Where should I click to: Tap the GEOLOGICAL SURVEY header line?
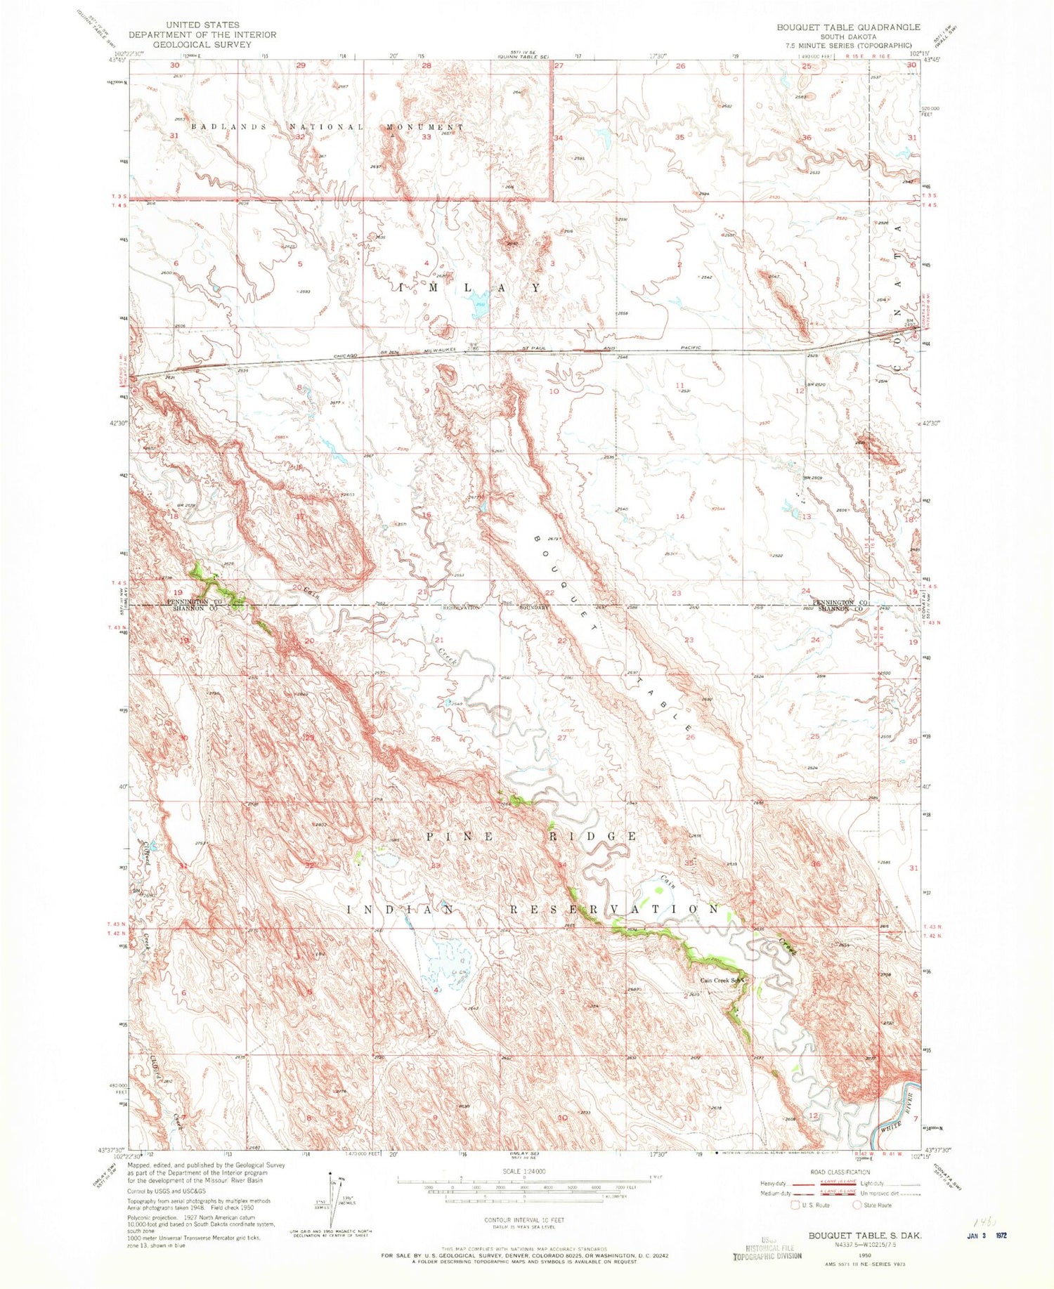pos(202,44)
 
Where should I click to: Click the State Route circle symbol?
pos(857,1205)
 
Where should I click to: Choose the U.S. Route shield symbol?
pos(795,1205)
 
